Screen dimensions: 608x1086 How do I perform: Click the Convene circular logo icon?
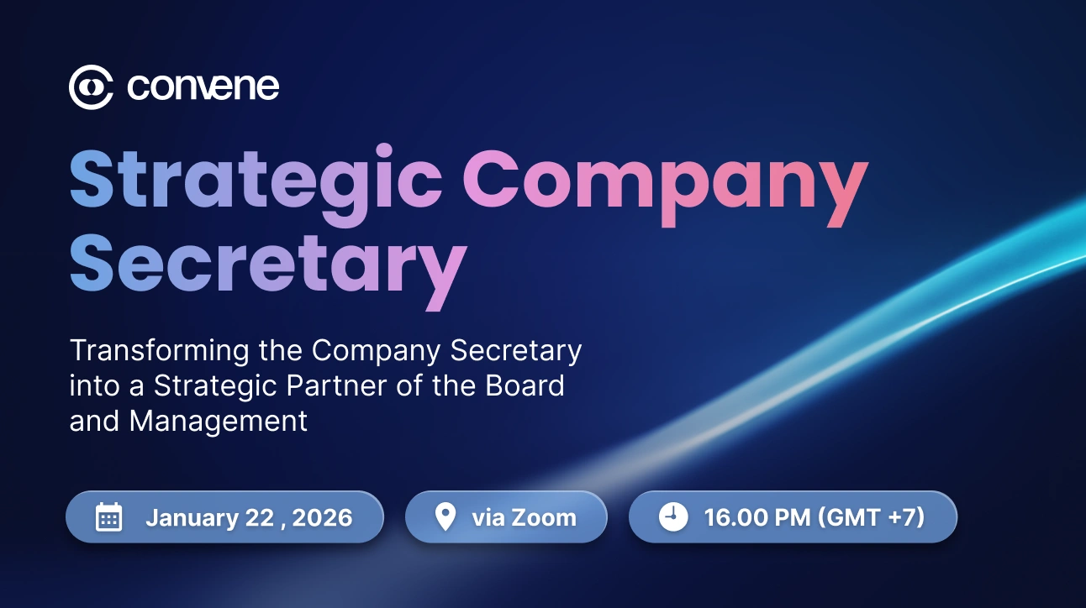point(91,86)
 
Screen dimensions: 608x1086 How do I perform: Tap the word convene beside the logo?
point(203,86)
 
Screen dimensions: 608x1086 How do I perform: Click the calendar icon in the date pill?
point(109,517)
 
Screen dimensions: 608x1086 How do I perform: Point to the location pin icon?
point(445,517)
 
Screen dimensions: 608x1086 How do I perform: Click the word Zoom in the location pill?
point(545,517)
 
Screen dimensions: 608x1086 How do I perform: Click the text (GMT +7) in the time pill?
point(870,517)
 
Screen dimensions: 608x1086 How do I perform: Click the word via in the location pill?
point(487,517)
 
